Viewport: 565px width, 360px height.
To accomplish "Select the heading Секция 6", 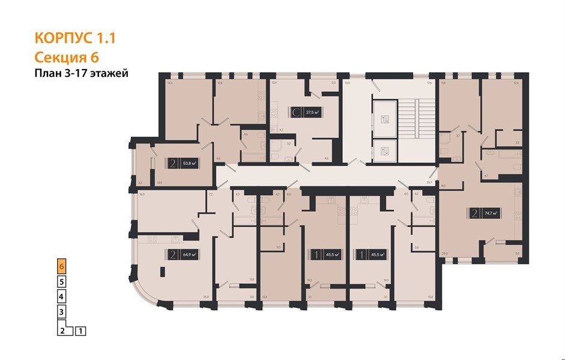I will pos(67,58).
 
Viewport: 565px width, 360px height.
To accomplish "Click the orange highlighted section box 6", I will pos(61,265).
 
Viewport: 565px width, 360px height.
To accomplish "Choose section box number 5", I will pos(61,281).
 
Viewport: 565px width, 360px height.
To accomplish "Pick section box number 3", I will pos(61,312).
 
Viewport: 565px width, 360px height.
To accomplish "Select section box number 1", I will pos(81,330).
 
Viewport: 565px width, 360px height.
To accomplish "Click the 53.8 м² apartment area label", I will pos(191,163).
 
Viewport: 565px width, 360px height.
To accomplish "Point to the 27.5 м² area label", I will pos(312,112).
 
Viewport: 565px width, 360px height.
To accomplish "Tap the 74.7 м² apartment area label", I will pos(493,212).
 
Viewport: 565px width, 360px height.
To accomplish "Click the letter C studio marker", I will pos(295,112).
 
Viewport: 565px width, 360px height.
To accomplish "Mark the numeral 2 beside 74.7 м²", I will pos(475,212).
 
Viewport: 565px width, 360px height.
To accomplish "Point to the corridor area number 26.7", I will pos(429,182).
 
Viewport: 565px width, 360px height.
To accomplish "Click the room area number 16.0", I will pos(142,194).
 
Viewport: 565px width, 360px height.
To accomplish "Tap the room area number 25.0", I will pos(206,297).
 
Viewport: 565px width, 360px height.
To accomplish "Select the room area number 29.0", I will pos(444,254).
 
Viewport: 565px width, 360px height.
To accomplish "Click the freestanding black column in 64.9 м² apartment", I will pos(163,272).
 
